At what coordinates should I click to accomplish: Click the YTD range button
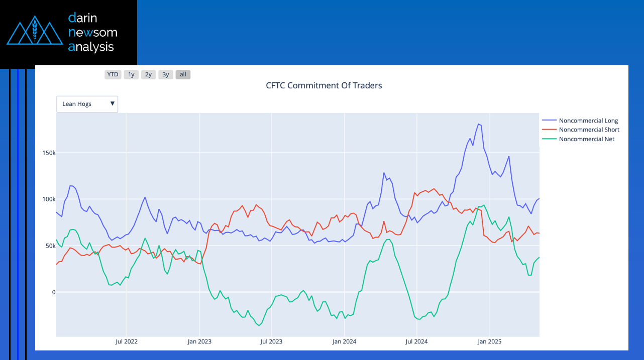point(113,75)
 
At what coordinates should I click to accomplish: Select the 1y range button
point(131,75)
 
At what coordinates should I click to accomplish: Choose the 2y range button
point(148,75)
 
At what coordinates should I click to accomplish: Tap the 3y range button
point(166,75)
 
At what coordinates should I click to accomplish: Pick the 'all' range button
point(183,75)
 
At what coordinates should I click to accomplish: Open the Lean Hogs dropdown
point(87,104)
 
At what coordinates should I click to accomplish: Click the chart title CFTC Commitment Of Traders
point(324,85)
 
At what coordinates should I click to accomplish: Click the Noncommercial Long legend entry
point(588,121)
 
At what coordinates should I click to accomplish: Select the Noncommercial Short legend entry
point(589,130)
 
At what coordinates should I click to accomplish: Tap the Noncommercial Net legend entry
point(586,139)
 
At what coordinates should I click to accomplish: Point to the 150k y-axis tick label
point(47,153)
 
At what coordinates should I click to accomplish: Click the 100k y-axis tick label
point(47,199)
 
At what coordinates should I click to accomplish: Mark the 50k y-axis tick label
point(48,246)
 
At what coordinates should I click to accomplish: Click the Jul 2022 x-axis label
point(127,342)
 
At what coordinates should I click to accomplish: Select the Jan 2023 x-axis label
point(199,342)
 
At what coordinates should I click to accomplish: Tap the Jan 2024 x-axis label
point(344,342)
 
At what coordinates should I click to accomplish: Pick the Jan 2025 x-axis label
point(489,342)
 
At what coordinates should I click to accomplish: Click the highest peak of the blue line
point(479,124)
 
